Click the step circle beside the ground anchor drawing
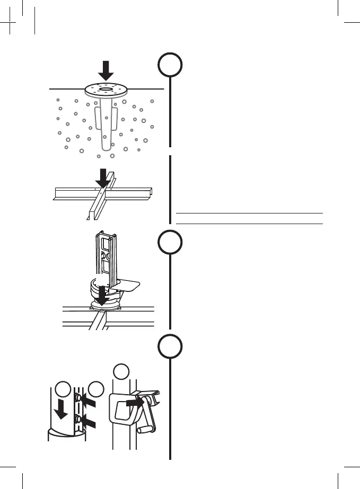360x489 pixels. (170, 66)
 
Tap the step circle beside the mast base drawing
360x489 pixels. (170, 243)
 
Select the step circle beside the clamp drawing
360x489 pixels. (170, 348)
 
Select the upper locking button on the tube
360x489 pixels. (78, 398)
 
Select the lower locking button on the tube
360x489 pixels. (78, 420)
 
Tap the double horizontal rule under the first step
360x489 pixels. (249, 218)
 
